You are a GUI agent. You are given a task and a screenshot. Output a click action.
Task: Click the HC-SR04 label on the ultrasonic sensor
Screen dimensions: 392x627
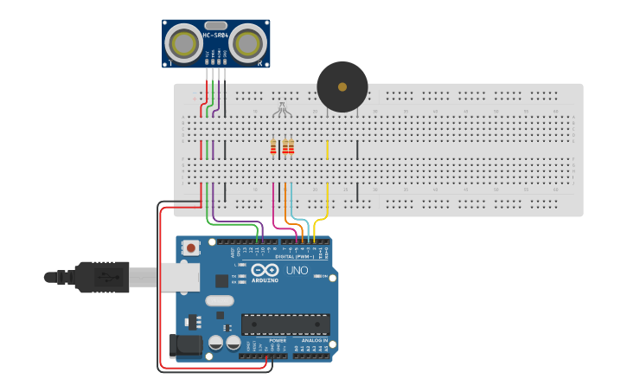(215, 35)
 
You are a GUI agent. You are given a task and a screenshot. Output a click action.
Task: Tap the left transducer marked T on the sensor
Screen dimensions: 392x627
(182, 42)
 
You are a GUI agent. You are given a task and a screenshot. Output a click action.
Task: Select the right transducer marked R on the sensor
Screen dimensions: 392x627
(249, 42)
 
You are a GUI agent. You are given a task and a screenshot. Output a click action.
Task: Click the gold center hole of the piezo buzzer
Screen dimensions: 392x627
(342, 87)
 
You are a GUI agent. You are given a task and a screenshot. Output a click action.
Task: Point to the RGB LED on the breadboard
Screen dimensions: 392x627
(282, 108)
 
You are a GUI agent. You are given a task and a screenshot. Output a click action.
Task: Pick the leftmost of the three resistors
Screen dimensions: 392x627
(273, 147)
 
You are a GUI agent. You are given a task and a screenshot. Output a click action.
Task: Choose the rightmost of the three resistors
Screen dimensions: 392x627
(291, 147)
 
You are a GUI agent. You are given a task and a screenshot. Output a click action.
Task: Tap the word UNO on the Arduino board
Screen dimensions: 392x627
(298, 271)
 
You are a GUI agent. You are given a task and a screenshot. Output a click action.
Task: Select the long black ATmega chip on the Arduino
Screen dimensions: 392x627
(285, 324)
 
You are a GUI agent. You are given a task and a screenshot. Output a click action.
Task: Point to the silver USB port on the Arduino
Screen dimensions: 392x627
(179, 277)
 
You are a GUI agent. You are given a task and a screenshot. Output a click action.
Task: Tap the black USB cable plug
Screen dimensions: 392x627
(102, 277)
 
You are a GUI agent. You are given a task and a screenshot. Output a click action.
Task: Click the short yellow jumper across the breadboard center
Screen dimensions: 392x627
(327, 150)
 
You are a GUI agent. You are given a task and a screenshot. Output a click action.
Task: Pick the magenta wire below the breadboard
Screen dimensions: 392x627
(274, 203)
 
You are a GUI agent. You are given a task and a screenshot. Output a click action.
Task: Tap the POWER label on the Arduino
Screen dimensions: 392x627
(278, 341)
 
